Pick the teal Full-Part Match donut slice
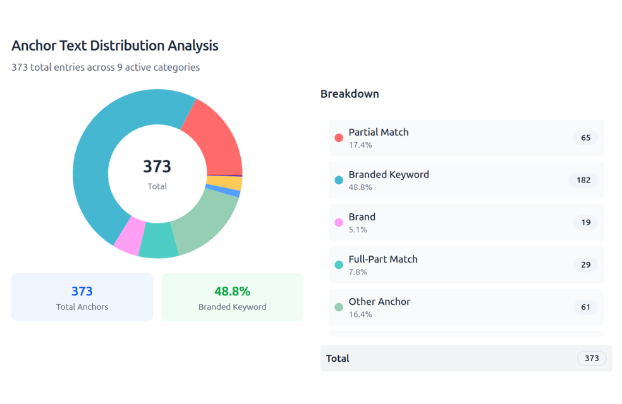(158, 241)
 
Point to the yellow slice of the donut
(224, 183)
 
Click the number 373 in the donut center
(157, 167)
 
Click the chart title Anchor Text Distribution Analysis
(115, 45)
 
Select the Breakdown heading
(350, 94)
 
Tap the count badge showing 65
(585, 138)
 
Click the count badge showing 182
(583, 180)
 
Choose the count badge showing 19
(585, 222)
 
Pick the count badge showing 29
(585, 264)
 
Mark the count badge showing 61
(585, 307)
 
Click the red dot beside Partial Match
(339, 138)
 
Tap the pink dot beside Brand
(339, 222)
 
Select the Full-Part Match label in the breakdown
(383, 259)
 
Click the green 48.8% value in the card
(232, 291)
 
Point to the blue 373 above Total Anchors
(82, 291)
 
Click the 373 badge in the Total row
(591, 359)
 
